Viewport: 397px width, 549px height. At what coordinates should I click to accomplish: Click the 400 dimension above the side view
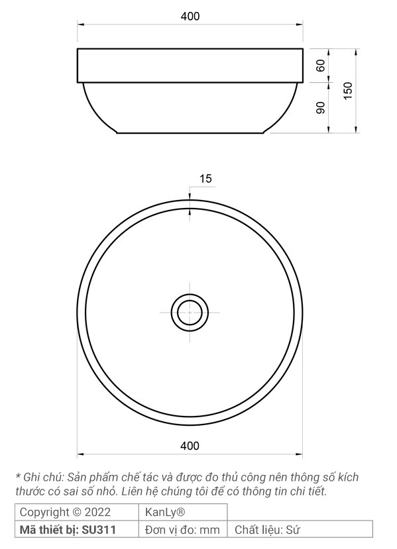(x=190, y=16)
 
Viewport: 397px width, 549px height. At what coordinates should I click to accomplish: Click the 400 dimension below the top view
(x=190, y=446)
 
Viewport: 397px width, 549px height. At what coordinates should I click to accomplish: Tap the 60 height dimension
(x=321, y=66)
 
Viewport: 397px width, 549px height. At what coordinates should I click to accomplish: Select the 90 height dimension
(x=321, y=108)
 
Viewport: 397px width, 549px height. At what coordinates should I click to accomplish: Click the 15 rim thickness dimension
(x=205, y=179)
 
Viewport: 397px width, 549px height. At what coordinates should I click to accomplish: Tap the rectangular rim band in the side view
(x=190, y=65)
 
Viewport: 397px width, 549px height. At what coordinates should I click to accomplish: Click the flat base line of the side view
(x=190, y=133)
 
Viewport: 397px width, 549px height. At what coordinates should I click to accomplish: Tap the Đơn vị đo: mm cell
(x=182, y=530)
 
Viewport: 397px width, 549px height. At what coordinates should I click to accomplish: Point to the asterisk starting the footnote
(x=18, y=476)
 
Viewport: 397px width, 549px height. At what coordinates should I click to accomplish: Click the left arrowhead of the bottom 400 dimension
(x=81, y=454)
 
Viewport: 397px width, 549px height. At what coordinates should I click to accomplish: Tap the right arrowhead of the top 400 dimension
(x=300, y=25)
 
